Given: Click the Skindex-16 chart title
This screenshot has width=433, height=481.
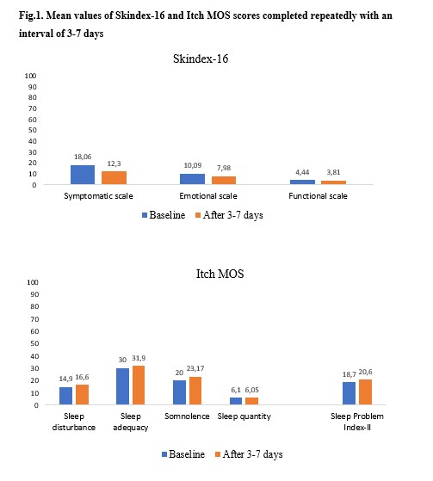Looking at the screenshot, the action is point(201,59).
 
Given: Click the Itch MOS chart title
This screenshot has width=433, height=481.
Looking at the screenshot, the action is point(220,274).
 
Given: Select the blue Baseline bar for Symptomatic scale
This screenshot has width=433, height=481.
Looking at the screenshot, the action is point(83,175).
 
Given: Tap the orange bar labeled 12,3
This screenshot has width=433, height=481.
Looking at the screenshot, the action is point(114,177).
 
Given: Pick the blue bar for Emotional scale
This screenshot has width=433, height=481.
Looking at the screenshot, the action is point(192,179).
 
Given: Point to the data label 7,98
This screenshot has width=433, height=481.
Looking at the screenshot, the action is point(224,168).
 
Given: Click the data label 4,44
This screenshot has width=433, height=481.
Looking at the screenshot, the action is point(302,172).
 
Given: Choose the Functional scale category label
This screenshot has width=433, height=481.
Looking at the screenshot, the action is point(318,195).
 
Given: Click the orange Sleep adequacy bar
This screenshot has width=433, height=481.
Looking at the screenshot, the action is point(139,385).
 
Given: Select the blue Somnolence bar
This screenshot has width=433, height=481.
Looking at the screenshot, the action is point(180,392).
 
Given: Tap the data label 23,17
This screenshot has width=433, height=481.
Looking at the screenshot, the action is point(195,368).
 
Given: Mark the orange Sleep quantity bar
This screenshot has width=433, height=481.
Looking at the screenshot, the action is point(251,401).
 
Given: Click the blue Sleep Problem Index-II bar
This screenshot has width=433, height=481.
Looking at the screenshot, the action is point(349,393).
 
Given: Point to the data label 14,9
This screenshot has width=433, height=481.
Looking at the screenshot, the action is point(65,379).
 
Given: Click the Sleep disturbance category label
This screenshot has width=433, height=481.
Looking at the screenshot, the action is point(74,422).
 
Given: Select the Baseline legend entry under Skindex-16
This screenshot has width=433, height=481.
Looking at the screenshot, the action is point(164,215).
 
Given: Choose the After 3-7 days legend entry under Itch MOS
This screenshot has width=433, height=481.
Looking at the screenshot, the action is point(249,454).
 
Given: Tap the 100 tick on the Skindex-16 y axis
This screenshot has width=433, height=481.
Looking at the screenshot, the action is point(30,76).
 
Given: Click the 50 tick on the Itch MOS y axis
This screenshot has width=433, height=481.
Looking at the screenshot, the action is point(34,343).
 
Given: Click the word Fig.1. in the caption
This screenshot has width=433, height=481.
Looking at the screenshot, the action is point(31,15).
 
